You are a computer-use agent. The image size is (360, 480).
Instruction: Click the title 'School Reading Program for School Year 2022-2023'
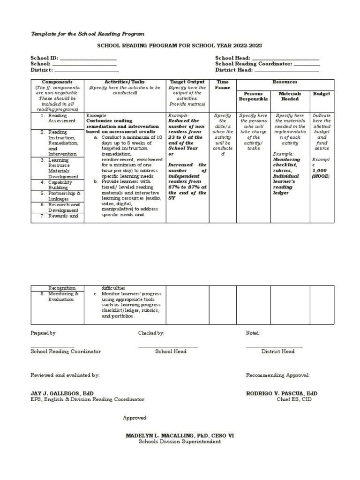coord(179,45)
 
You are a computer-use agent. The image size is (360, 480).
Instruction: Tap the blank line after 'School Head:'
coord(285,58)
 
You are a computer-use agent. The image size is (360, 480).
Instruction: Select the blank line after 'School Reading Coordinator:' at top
coord(307,64)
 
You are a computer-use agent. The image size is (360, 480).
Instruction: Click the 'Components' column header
coord(57,82)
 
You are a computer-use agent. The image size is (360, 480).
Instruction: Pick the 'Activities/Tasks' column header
coord(125,82)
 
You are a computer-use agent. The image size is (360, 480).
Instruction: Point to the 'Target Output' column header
coord(187,82)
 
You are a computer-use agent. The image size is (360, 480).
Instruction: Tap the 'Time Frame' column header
coord(222,84)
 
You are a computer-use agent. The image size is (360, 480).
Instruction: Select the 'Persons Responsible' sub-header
coord(253,96)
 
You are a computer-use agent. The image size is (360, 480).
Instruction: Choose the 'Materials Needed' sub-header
coord(290,96)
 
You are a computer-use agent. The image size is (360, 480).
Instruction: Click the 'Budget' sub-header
coord(321,94)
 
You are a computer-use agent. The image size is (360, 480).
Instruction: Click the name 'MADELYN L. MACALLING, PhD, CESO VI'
coord(180,435)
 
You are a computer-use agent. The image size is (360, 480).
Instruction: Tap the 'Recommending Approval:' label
coord(277,375)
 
